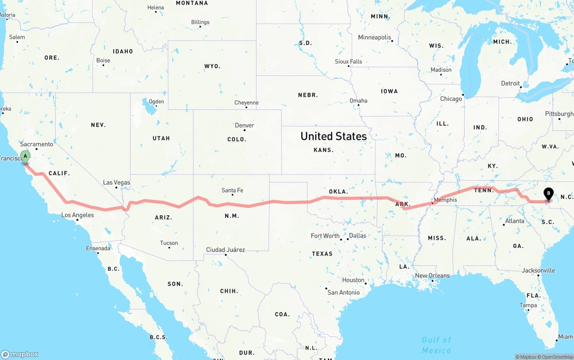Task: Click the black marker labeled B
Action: click(x=548, y=194)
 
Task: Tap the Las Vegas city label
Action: click(x=116, y=182)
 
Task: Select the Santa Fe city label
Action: click(x=232, y=191)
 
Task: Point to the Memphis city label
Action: click(x=445, y=200)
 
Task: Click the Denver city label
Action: click(x=244, y=125)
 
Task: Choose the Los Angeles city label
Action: click(x=78, y=215)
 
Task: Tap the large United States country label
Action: click(x=333, y=136)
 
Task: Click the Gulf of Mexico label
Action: click(x=436, y=345)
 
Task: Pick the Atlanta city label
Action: click(x=514, y=221)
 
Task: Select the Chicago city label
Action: click(x=451, y=99)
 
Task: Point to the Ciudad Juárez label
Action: click(x=225, y=250)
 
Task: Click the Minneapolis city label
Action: click(x=374, y=38)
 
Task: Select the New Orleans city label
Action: click(x=432, y=276)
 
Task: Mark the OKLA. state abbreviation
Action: click(x=338, y=191)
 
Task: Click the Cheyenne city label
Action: click(x=246, y=103)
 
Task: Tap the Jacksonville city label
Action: click(x=538, y=270)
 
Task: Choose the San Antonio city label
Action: click(x=344, y=292)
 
